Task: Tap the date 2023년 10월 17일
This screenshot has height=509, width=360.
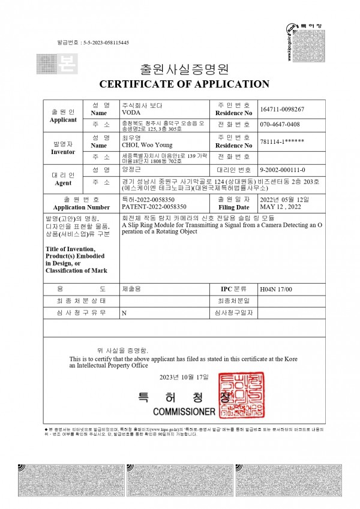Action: pos(184,377)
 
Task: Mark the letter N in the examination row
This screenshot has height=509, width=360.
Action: pos(124,313)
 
